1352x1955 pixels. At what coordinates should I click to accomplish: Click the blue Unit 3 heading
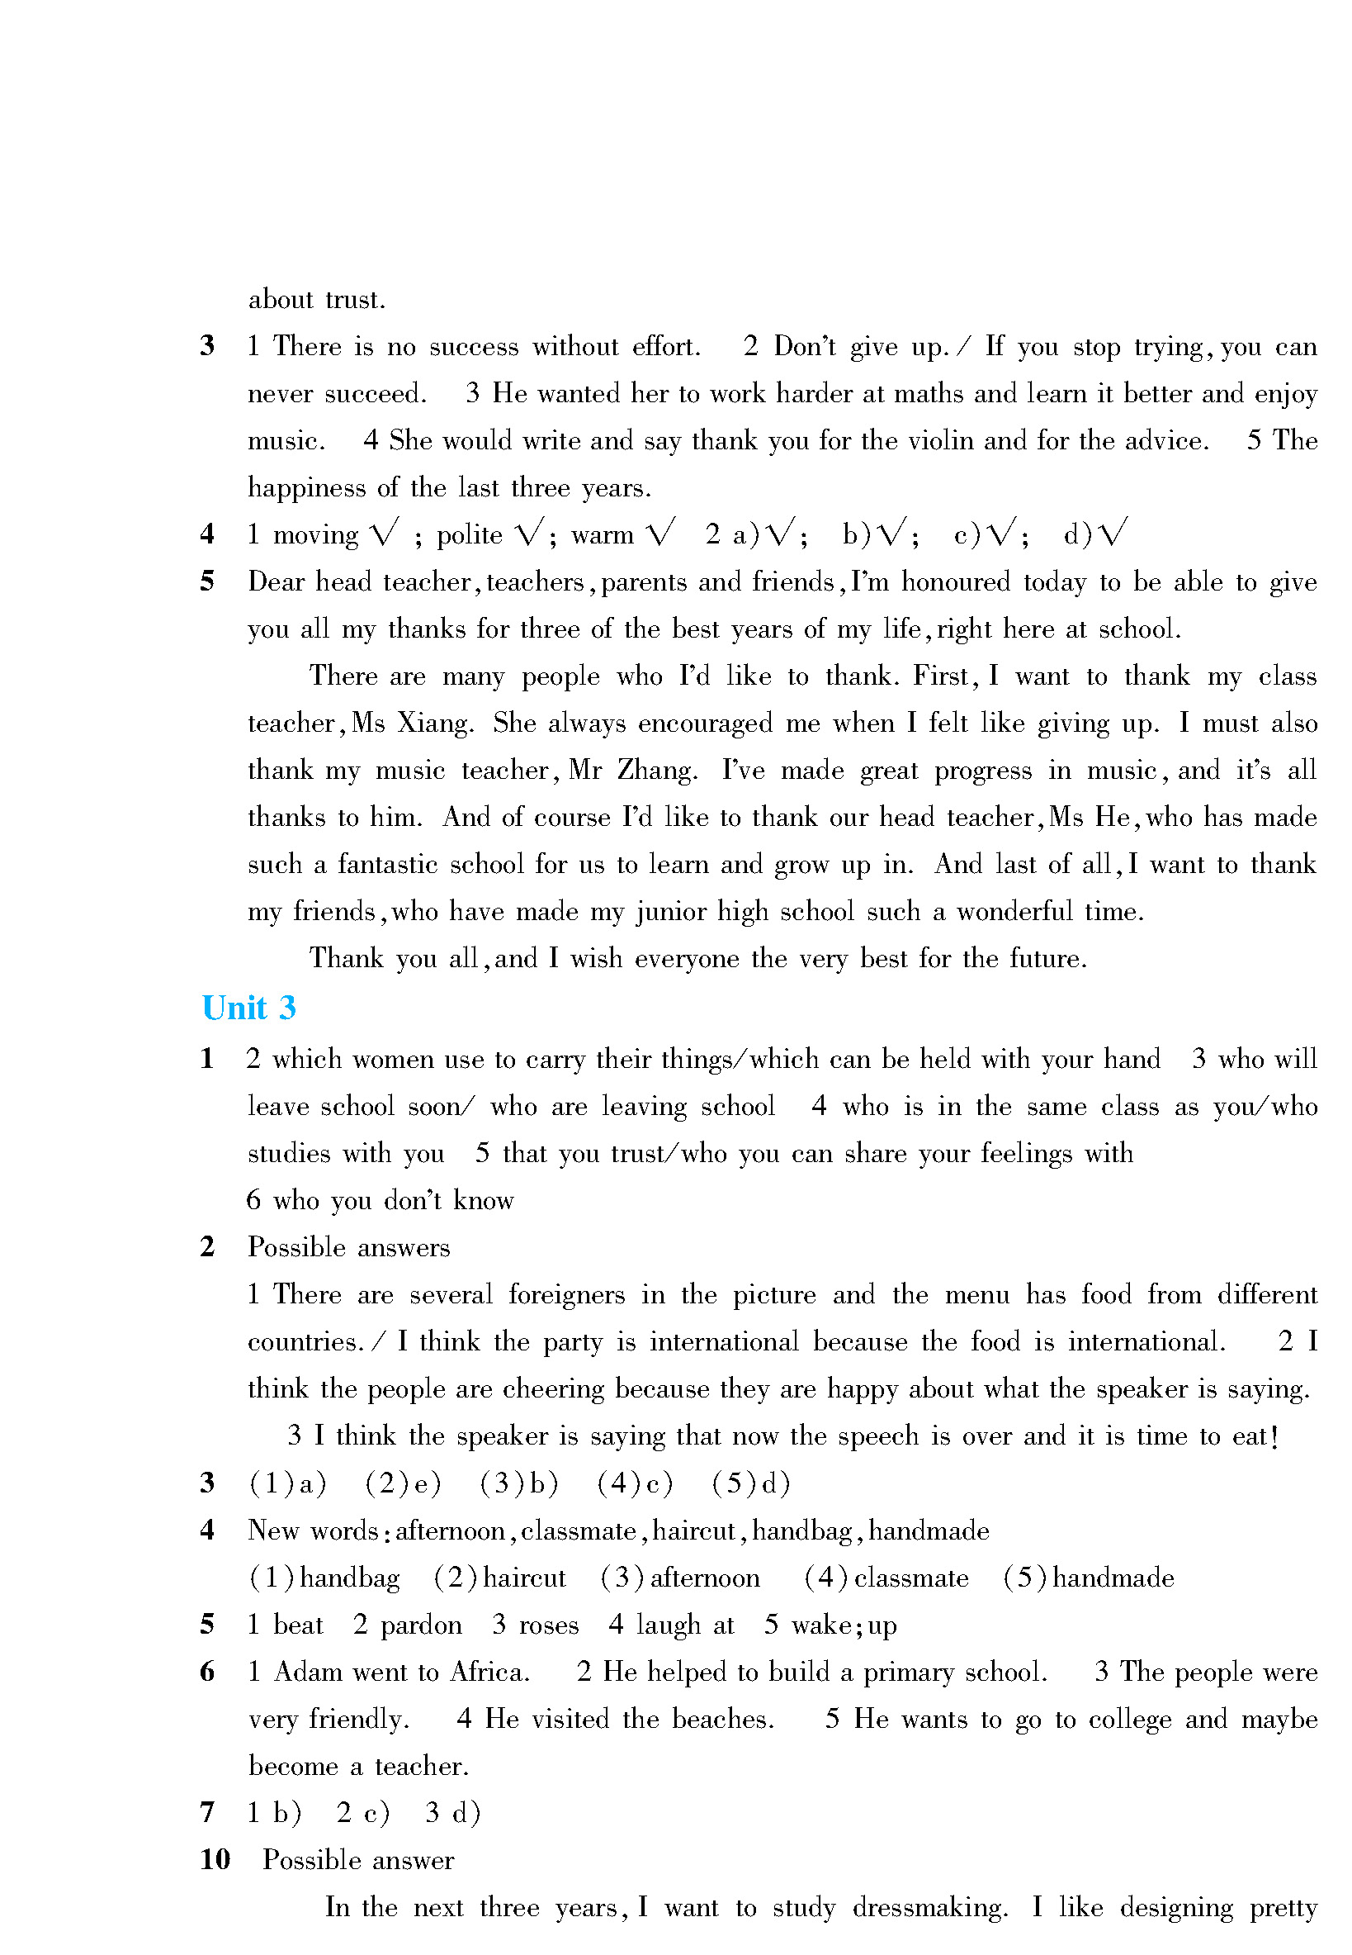[248, 1008]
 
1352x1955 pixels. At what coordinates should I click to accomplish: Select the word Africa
[489, 1672]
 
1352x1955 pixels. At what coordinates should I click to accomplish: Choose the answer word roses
[548, 1625]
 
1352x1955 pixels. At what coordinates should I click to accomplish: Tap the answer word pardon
[420, 1625]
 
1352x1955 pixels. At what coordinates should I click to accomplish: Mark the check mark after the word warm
[661, 533]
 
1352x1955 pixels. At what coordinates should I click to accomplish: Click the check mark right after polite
[529, 533]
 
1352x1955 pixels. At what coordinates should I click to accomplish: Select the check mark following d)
[1112, 533]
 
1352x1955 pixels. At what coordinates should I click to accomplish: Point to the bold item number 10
[215, 1860]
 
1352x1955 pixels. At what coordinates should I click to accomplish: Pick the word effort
[666, 347]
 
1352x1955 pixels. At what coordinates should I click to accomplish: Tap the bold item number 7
[207, 1813]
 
